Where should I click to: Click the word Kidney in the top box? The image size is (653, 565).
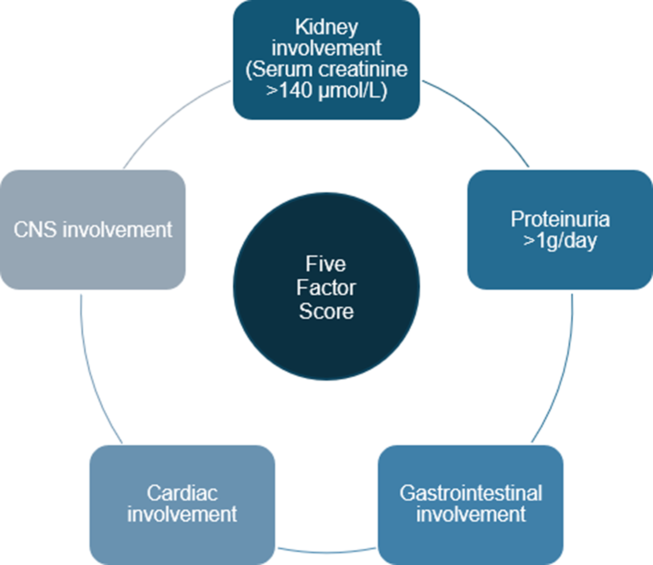click(x=326, y=27)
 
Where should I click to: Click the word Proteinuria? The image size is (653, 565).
click(x=560, y=219)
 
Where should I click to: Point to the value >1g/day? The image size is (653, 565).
click(x=560, y=241)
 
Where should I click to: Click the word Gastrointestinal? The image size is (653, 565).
click(x=471, y=493)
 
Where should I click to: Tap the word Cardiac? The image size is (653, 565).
click(x=182, y=493)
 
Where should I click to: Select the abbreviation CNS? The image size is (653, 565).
click(x=35, y=229)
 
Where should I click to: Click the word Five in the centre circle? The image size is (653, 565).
click(x=326, y=264)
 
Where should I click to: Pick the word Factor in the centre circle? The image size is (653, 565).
click(x=326, y=287)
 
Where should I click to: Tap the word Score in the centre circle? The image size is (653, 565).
click(x=326, y=311)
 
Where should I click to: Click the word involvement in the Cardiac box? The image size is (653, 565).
click(x=182, y=514)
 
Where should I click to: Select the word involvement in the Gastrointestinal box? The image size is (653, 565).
click(x=471, y=514)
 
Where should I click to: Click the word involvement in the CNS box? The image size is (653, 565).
click(x=117, y=229)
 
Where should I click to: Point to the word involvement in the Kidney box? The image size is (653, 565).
click(x=326, y=48)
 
